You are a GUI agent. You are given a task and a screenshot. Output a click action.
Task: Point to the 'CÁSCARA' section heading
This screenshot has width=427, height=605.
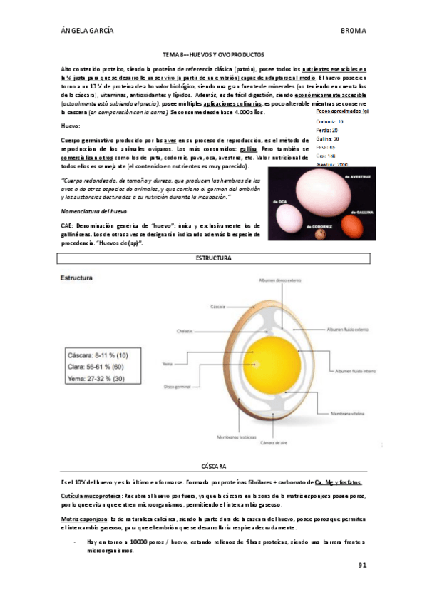(213, 464)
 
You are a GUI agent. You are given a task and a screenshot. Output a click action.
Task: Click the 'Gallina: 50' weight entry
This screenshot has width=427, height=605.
(326, 138)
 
